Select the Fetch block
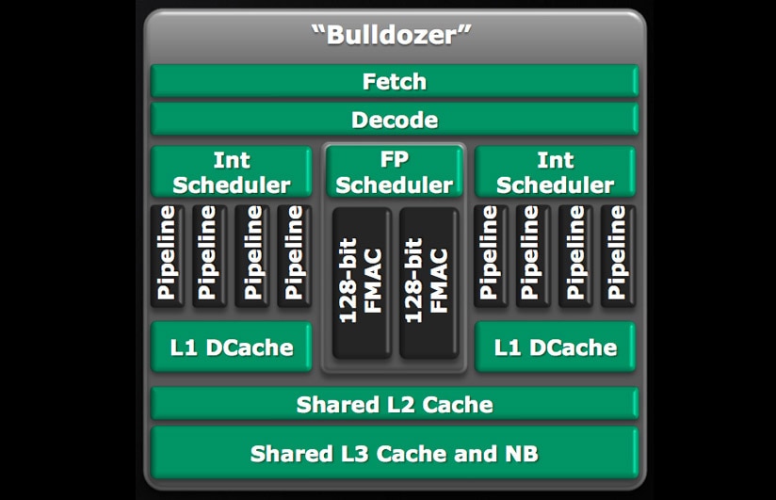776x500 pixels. tap(395, 82)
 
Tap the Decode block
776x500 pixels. tap(395, 120)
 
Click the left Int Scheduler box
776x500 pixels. tap(231, 172)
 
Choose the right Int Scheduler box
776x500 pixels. tap(556, 172)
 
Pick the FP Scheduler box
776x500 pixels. tap(395, 172)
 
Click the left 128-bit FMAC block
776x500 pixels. tap(360, 282)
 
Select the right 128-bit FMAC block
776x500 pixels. tap(427, 282)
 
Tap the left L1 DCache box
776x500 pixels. tap(232, 347)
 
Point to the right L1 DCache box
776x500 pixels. tap(556, 347)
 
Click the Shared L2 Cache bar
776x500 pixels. tap(395, 405)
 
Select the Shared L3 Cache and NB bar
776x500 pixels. tap(395, 453)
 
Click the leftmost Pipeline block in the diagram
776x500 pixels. tap(169, 254)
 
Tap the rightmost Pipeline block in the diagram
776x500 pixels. tap(618, 254)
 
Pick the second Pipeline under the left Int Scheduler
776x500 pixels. tap(210, 254)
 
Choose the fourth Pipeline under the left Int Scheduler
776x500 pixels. tap(294, 254)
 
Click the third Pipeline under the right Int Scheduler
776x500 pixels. tap(575, 254)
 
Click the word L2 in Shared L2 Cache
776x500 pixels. tap(398, 405)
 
